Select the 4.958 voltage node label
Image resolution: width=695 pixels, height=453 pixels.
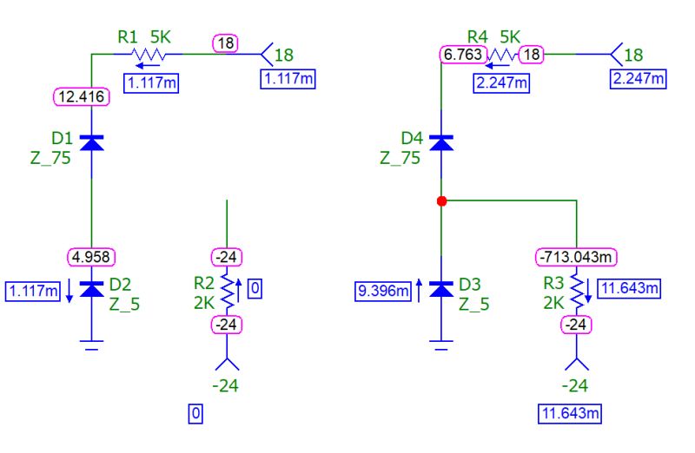(x=92, y=256)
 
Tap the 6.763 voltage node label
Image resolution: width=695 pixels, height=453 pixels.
(x=461, y=54)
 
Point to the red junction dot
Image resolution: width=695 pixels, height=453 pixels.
(x=441, y=200)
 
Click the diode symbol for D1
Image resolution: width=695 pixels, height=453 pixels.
(x=92, y=142)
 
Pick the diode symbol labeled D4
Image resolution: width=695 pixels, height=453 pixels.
(x=441, y=142)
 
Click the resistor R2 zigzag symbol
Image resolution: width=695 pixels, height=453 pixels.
(x=228, y=289)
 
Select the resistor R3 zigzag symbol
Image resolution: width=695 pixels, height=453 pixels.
(x=576, y=289)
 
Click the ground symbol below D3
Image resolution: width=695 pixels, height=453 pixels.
(x=441, y=345)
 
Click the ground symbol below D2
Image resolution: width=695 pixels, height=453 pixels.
(x=92, y=345)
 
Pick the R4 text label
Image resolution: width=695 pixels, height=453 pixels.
(x=477, y=36)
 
